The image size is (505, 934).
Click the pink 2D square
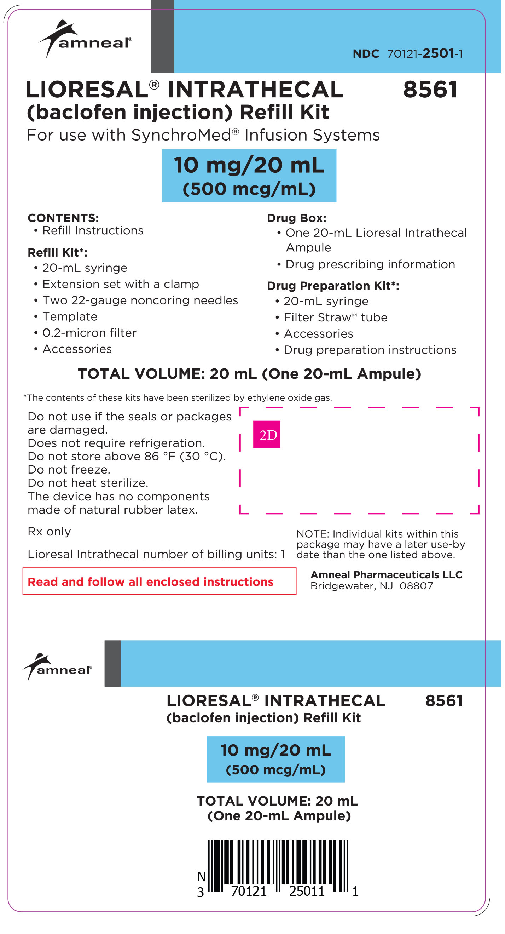(267, 434)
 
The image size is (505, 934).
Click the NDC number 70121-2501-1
(425, 54)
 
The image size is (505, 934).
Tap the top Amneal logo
(86, 39)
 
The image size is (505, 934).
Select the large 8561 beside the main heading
(430, 89)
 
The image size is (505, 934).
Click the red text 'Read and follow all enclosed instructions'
(150, 581)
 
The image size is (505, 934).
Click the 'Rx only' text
(49, 532)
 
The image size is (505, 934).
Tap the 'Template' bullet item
(70, 316)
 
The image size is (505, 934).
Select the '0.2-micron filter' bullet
(89, 333)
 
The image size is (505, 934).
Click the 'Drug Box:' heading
(296, 218)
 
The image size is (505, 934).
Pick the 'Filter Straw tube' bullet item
(335, 317)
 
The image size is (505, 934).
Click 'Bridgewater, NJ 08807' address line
(371, 586)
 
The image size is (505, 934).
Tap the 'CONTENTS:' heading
(63, 218)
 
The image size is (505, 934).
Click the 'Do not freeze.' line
(69, 470)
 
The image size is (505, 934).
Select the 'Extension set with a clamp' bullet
(120, 284)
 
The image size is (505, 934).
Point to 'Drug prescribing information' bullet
(370, 264)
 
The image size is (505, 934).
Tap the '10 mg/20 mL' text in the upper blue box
(249, 165)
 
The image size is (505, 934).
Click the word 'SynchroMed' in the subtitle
(181, 135)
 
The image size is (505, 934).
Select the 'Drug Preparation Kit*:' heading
(332, 286)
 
